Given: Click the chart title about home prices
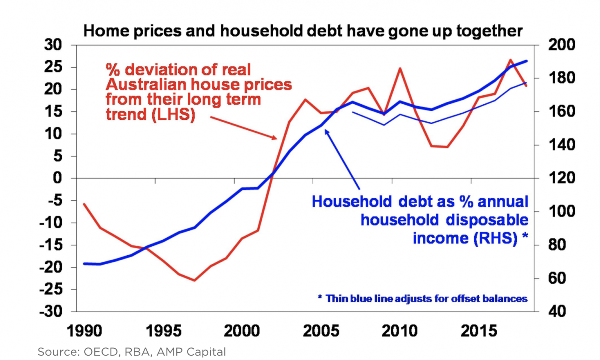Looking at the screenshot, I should click(x=303, y=31).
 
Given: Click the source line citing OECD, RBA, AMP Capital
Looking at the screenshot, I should click(x=132, y=351).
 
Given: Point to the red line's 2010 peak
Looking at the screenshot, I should click(x=400, y=68).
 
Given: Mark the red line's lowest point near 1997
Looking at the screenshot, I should click(x=195, y=280).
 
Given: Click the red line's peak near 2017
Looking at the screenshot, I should click(x=511, y=60).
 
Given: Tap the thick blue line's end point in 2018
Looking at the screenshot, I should click(x=527, y=61).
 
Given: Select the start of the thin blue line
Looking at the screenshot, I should click(x=353, y=112).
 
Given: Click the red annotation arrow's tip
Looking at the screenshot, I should click(x=276, y=138).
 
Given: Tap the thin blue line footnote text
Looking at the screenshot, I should click(x=423, y=298).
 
